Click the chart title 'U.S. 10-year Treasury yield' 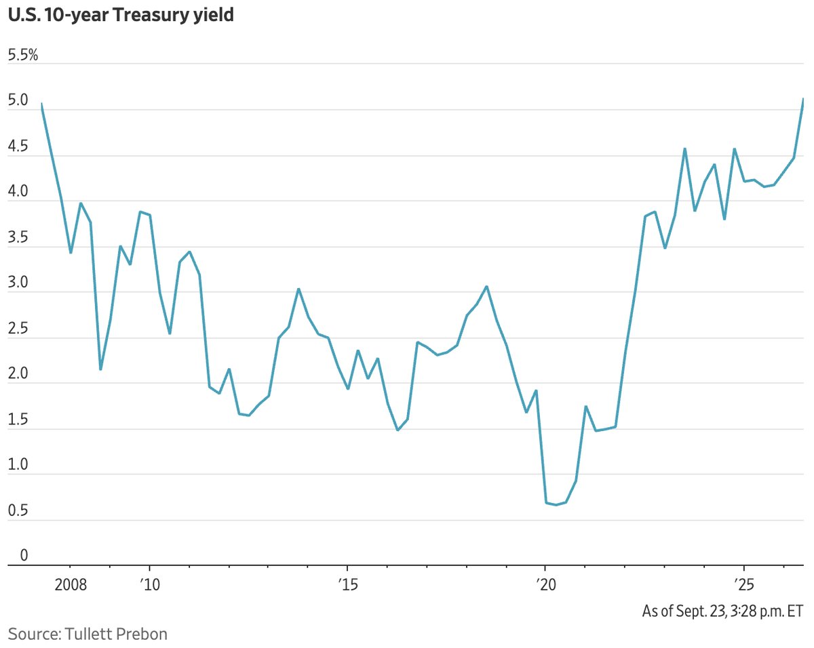pyautogui.click(x=121, y=16)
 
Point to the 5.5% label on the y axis pyautogui.click(x=22, y=55)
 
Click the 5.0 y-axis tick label pyautogui.click(x=18, y=100)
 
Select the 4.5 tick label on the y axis pyautogui.click(x=18, y=146)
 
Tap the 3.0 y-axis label pyautogui.click(x=18, y=283)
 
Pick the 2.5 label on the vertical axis pyautogui.click(x=18, y=328)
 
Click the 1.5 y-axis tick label pyautogui.click(x=18, y=420)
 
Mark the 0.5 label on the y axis pyautogui.click(x=18, y=510)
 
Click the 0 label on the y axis pyautogui.click(x=24, y=555)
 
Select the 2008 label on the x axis pyautogui.click(x=71, y=585)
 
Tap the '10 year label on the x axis pyautogui.click(x=150, y=585)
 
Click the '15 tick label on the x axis pyautogui.click(x=347, y=585)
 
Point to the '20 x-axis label pyautogui.click(x=546, y=585)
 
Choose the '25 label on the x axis pyautogui.click(x=744, y=585)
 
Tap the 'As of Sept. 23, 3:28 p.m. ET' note pyautogui.click(x=722, y=611)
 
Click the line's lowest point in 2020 pyautogui.click(x=556, y=505)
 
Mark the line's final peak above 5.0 pyautogui.click(x=803, y=98)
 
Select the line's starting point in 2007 pyautogui.click(x=41, y=103)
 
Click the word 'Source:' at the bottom pyautogui.click(x=35, y=634)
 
